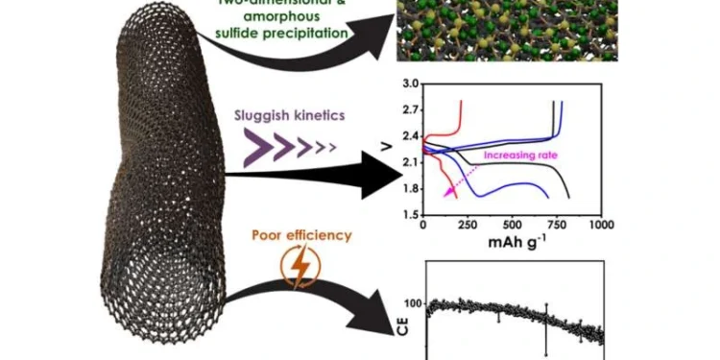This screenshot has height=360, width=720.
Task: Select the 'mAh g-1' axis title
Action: [x=512, y=242]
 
